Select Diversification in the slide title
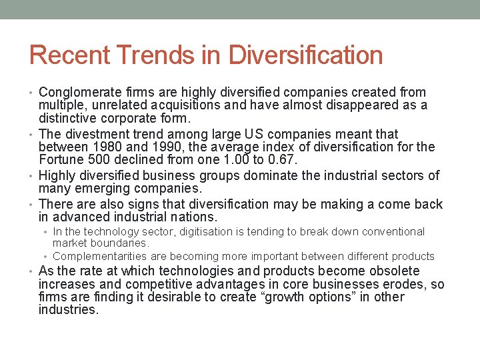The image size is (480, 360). coord(306,55)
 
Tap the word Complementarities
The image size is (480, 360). coord(100,256)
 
